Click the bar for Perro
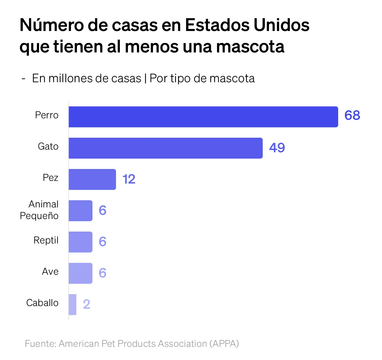[x=203, y=117]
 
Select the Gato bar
[x=166, y=148]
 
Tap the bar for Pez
[x=92, y=179]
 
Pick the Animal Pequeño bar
[x=81, y=211]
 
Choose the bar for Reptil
[x=81, y=242]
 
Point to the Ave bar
[x=81, y=273]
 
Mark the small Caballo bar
[x=72, y=305]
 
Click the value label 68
[x=352, y=115]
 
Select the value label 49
[x=277, y=148]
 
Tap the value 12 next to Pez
[x=129, y=179]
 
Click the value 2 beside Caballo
[x=86, y=304]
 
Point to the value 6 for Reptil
[x=103, y=242]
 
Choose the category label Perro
[x=47, y=115]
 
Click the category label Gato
[x=48, y=146]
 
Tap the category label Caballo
[x=42, y=303]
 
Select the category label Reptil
[x=46, y=240]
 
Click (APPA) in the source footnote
[x=224, y=344]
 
